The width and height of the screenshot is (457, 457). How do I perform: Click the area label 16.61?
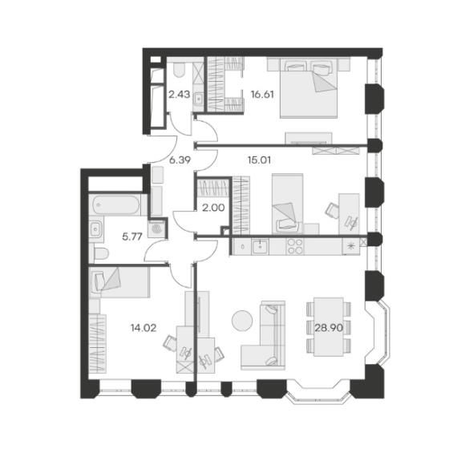pos(262,95)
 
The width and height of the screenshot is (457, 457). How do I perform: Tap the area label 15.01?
pos(260,160)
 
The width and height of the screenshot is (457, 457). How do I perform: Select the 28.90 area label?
pos(329,328)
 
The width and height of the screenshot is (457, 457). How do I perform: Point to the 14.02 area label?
pos(144,328)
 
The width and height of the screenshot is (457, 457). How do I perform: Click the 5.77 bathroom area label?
pos(132,237)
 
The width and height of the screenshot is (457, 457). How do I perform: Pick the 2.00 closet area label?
pos(213,208)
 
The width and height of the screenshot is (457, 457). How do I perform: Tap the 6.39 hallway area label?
pos(180,160)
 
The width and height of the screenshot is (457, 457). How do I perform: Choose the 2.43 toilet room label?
pos(180,95)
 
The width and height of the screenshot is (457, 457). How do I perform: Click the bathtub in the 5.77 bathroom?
pos(116,204)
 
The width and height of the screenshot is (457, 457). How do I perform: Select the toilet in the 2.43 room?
pos(179,69)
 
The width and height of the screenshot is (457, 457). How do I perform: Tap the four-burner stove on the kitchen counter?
pos(295,246)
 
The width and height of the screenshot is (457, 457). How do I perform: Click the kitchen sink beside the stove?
pos(260,247)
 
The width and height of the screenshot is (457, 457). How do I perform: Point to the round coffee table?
pos(242,321)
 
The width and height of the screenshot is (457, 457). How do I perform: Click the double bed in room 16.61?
pos(309,88)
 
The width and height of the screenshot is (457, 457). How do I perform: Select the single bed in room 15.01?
pos(287,204)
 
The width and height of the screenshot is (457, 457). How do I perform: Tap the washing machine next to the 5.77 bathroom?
pos(156,228)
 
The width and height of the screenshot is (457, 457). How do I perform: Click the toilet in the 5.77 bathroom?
pos(100,253)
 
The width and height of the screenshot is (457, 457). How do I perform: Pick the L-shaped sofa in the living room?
pos(263,336)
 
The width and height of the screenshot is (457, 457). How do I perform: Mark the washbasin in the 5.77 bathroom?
pos(95,229)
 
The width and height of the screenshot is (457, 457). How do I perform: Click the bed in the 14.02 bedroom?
pos(119,283)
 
